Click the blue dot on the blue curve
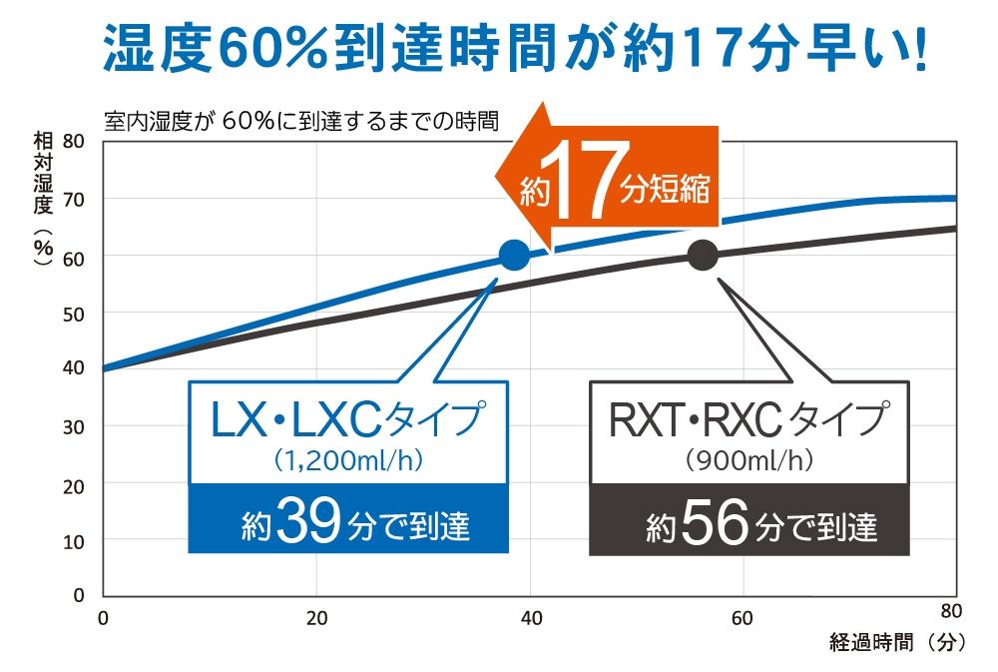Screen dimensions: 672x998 (x=513, y=256)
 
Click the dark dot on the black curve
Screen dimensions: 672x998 (x=703, y=256)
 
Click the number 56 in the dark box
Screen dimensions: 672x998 (x=713, y=522)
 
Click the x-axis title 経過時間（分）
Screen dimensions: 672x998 (x=896, y=643)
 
